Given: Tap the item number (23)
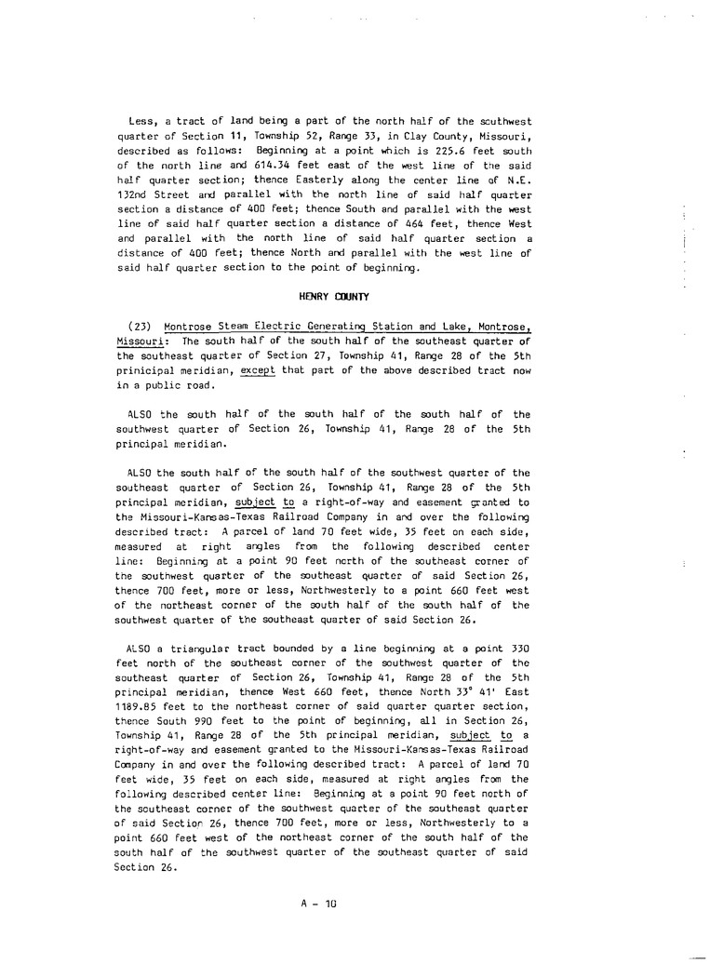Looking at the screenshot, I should point(139,328).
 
